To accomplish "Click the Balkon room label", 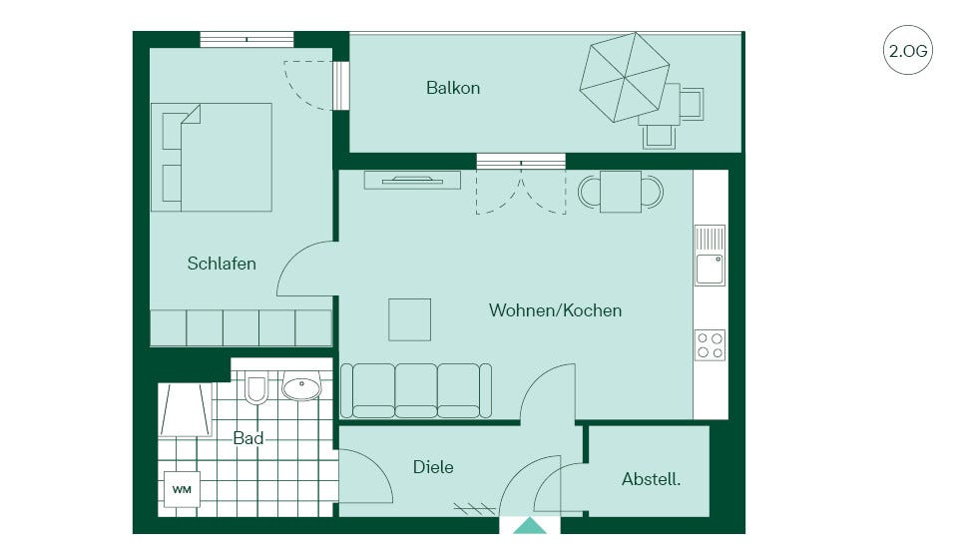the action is pos(453,88).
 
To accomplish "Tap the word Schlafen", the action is pos(222,264).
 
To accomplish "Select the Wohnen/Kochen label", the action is pos(555,310).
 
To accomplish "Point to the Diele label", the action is pos(433,467).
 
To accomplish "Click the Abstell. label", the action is pos(651,479).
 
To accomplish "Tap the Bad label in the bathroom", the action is pos(248,438).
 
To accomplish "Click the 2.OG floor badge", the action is pos(908,50).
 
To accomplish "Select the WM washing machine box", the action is pos(182,489).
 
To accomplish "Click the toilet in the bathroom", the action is pos(256,387).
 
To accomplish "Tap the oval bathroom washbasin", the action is pos(301,386).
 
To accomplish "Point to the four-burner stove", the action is pos(710,345).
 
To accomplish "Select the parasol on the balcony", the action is pos(625,77).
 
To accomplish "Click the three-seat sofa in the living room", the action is pos(416,390).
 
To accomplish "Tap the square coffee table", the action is pos(409,319).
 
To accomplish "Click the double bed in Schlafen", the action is pos(212,157).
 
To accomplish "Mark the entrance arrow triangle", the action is pos(529,526).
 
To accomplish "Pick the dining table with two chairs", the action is pos(621,192).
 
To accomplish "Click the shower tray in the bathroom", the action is pos(186,409).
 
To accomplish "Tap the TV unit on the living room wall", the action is pos(412,180).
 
